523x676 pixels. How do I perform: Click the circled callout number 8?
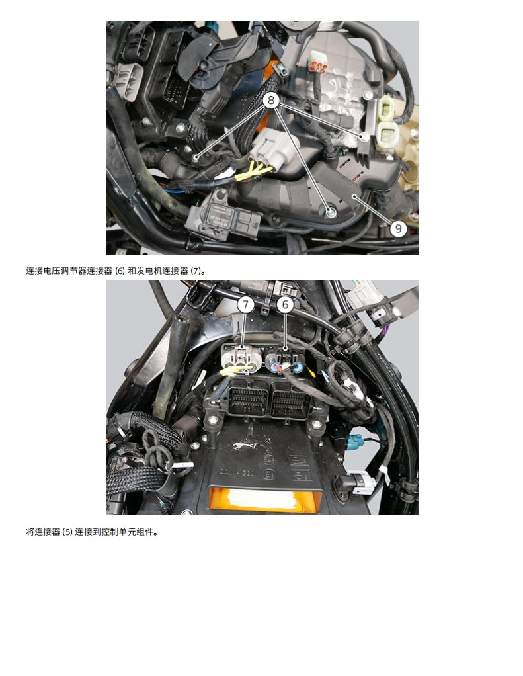point(272,101)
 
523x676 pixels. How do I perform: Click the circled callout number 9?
point(397,229)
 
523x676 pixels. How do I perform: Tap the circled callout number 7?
point(245,305)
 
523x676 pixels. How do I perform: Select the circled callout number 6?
point(285,305)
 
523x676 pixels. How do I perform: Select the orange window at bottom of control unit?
point(264,497)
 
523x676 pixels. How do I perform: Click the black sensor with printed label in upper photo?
point(215,212)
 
